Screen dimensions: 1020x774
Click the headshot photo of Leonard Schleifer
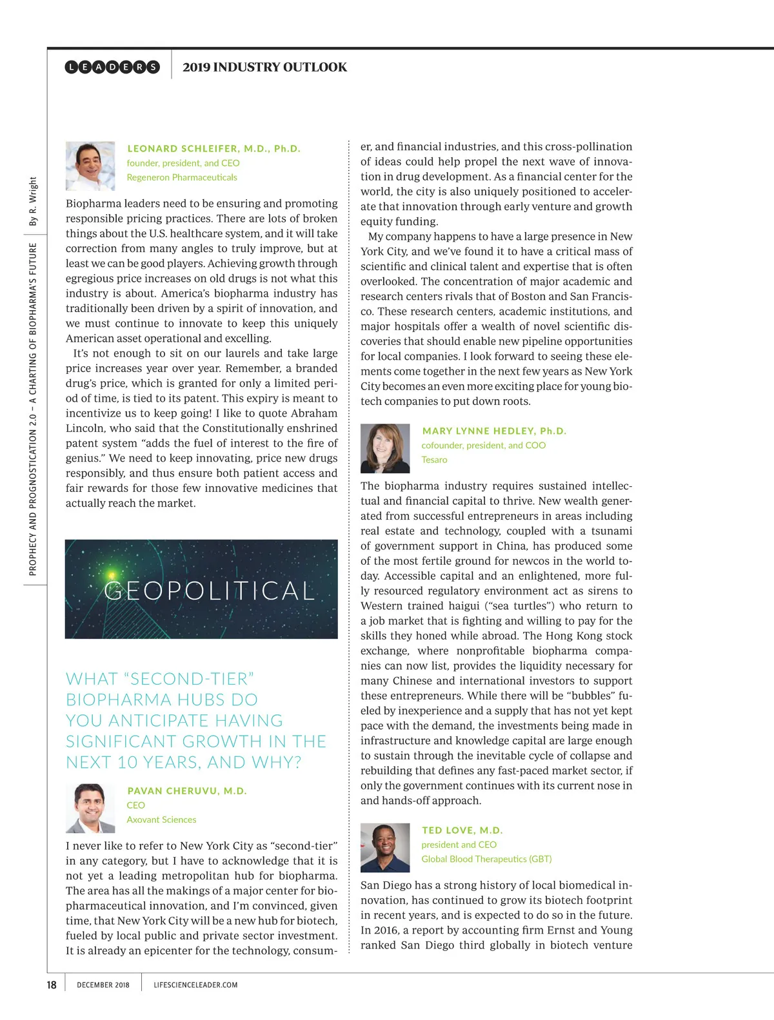pyautogui.click(x=90, y=166)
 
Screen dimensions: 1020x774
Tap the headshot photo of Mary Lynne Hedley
pyautogui.click(x=385, y=448)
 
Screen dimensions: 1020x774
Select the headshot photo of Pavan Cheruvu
pyautogui.click(x=90, y=808)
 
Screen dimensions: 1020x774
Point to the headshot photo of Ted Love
pyautogui.click(x=385, y=847)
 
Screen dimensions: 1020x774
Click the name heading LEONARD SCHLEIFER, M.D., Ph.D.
pyautogui.click(x=214, y=148)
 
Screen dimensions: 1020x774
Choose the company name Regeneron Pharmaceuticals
pyautogui.click(x=182, y=177)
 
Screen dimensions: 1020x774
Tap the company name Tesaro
pyautogui.click(x=434, y=460)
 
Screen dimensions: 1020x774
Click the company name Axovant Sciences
pyautogui.click(x=161, y=819)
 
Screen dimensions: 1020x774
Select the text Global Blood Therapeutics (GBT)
pyautogui.click(x=486, y=859)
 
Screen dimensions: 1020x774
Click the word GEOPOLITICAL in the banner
pyautogui.click(x=210, y=591)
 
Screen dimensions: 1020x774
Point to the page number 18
pyautogui.click(x=52, y=985)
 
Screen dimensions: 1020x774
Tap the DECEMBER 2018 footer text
pyautogui.click(x=103, y=985)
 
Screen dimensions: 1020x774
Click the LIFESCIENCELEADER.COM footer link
pyautogui.click(x=195, y=985)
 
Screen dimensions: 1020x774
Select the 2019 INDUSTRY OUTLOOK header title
pyautogui.click(x=264, y=67)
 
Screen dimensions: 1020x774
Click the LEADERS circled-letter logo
pyautogui.click(x=112, y=67)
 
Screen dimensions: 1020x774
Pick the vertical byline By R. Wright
pyautogui.click(x=33, y=201)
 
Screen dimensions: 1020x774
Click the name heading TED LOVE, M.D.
pyautogui.click(x=462, y=830)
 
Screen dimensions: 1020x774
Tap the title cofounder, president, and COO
pyautogui.click(x=483, y=445)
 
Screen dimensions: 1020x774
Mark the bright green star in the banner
pyautogui.click(x=112, y=574)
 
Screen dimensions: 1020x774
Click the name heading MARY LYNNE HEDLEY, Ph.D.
pyautogui.click(x=494, y=431)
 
